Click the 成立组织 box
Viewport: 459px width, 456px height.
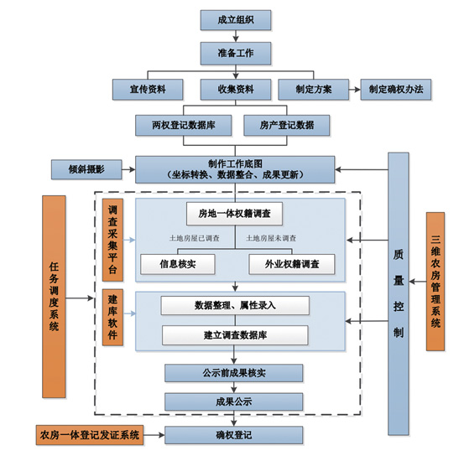click(236, 20)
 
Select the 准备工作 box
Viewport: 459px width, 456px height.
click(236, 54)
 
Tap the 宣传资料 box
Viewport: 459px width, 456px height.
click(148, 89)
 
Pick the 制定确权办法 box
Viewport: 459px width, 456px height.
click(396, 89)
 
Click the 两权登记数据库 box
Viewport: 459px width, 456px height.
click(184, 125)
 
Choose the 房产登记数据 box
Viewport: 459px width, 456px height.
click(287, 125)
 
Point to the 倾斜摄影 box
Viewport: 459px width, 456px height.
click(86, 169)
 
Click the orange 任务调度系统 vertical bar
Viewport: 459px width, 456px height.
click(54, 297)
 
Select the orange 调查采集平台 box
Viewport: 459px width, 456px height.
click(112, 240)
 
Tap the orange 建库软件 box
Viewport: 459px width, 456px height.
click(112, 318)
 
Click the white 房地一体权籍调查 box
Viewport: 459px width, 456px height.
click(234, 214)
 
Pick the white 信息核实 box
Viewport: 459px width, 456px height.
click(178, 264)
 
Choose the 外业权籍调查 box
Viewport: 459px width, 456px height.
click(292, 264)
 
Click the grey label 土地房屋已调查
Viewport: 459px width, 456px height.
click(195, 238)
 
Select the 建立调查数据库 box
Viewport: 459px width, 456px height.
click(235, 335)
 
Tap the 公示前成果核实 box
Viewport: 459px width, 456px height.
click(234, 373)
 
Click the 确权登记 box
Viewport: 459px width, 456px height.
click(234, 435)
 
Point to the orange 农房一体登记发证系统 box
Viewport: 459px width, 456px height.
click(90, 435)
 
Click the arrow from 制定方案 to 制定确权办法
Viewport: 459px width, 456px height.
click(355, 90)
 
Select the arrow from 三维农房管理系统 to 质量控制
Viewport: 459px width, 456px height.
click(418, 282)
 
